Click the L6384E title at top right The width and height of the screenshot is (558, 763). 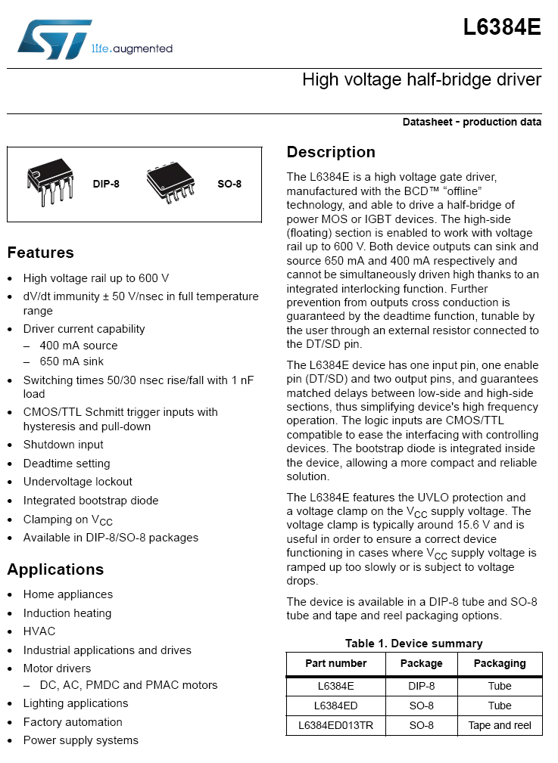coord(502,28)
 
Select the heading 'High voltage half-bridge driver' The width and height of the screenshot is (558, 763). coord(421,79)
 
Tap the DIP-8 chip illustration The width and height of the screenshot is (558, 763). coord(51,181)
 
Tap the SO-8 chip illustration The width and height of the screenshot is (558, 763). coord(170,183)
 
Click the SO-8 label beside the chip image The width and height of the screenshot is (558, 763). coord(229,184)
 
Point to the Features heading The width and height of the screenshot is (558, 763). coord(41,253)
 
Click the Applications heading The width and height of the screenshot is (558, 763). coord(55,569)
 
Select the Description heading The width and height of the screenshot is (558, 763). coord(331,152)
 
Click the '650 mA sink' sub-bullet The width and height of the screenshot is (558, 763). coord(72,362)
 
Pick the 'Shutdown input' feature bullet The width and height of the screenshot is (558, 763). coord(64,445)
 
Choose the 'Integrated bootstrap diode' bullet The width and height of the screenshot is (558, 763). coord(91,501)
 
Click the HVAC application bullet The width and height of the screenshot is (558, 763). coord(39,631)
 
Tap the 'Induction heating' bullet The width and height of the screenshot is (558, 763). coord(67,613)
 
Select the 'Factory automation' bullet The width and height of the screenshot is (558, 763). coord(73,722)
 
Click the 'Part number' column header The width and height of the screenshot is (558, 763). coord(335,663)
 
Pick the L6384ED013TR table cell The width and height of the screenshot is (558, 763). coord(335,725)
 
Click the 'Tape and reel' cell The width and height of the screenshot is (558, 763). coord(500,725)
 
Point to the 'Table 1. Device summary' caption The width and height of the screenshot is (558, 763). coord(413,644)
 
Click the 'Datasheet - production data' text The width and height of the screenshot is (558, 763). coord(472,122)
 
